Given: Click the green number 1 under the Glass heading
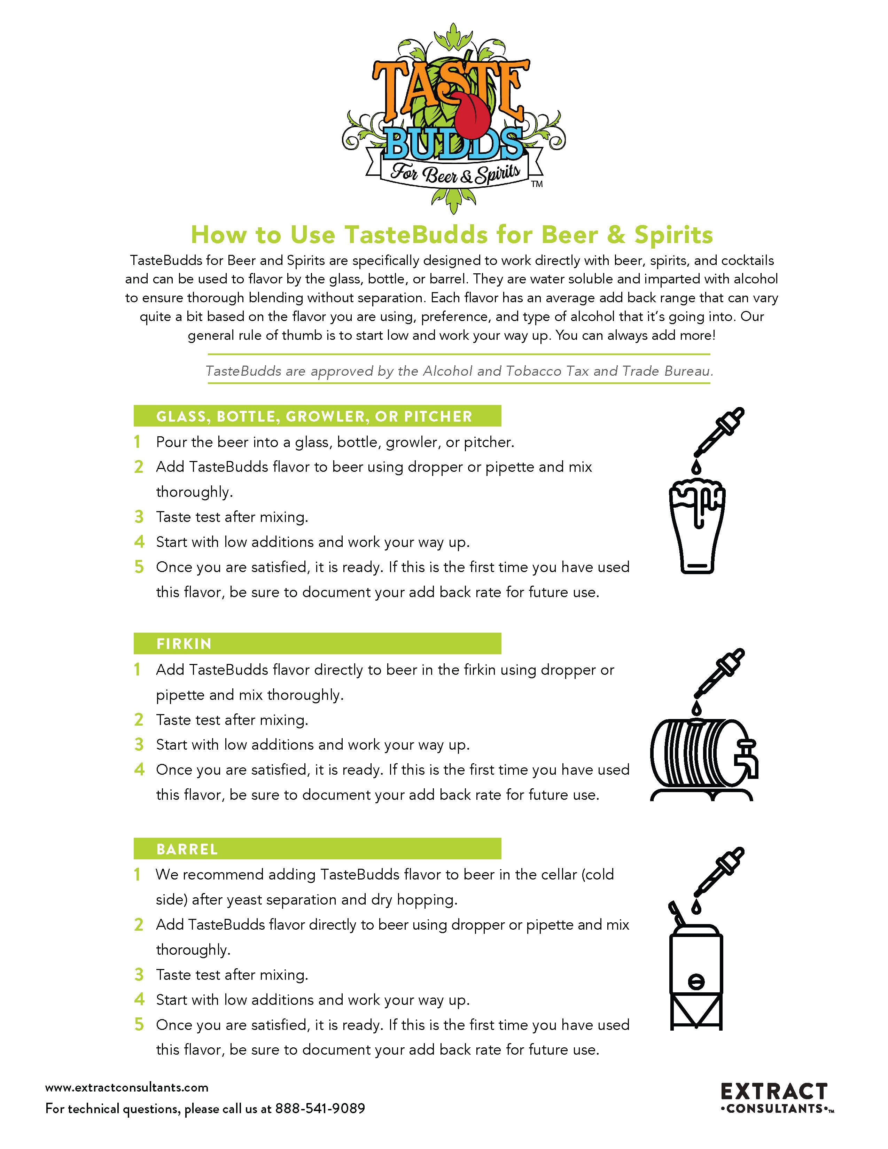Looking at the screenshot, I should coord(137,442).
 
